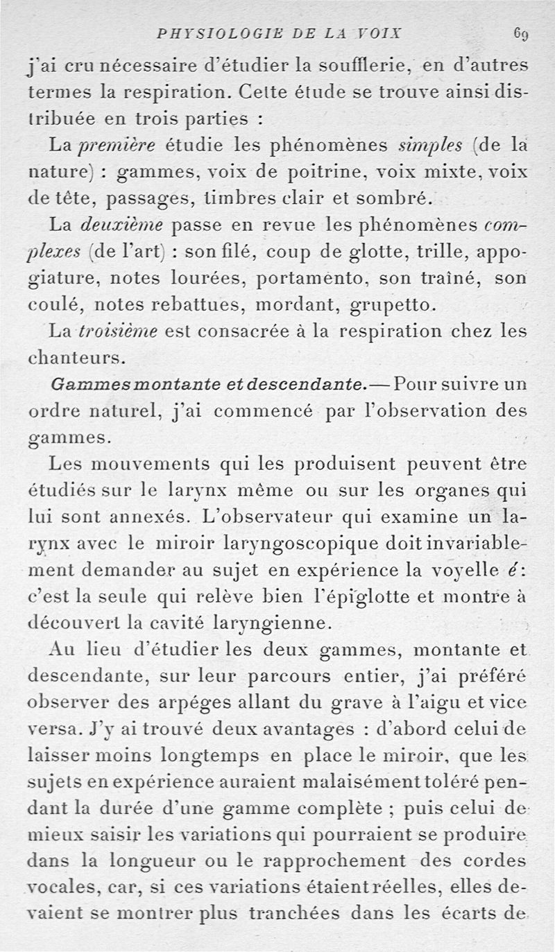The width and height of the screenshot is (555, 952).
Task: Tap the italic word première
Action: pos(120,147)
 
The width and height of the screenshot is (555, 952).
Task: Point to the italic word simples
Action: pos(428,147)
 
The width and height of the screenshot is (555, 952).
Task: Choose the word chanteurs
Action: pos(76,358)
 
